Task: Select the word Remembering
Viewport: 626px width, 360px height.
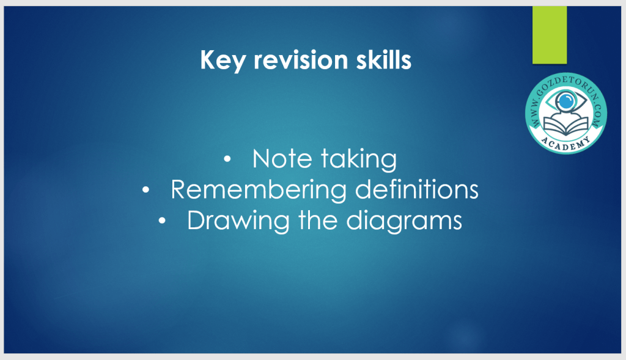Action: pyautogui.click(x=259, y=189)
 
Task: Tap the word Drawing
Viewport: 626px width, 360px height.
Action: pyautogui.click(x=238, y=221)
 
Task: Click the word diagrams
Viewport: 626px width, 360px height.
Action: pyautogui.click(x=404, y=221)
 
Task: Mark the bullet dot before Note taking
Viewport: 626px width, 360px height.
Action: pyautogui.click(x=227, y=160)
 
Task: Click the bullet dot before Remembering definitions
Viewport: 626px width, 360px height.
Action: pyautogui.click(x=145, y=190)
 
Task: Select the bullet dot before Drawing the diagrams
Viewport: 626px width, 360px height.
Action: pyautogui.click(x=161, y=221)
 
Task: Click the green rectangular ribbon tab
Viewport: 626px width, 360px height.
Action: pyautogui.click(x=550, y=35)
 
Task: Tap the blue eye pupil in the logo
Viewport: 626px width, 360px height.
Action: pyautogui.click(x=565, y=101)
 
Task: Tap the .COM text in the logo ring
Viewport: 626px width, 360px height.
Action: pyautogui.click(x=598, y=116)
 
